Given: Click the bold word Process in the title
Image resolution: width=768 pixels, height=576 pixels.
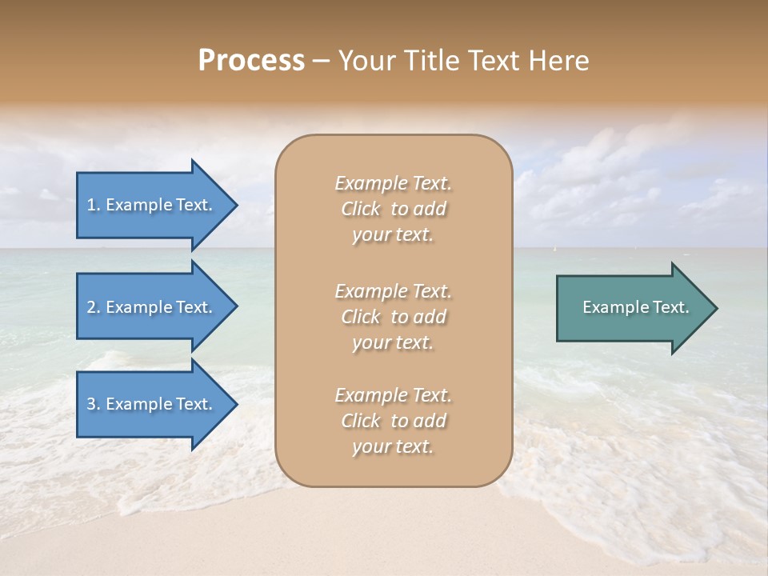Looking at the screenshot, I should [x=251, y=61].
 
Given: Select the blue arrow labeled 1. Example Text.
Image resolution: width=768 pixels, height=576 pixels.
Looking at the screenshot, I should [x=156, y=205].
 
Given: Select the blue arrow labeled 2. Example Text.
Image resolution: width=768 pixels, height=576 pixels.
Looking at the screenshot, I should [x=156, y=307].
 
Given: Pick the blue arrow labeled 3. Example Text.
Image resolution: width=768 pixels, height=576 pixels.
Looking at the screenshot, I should [x=156, y=404].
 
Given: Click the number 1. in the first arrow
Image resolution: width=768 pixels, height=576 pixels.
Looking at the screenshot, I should [x=94, y=205].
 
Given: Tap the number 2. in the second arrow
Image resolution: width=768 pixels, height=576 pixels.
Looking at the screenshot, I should [x=94, y=307].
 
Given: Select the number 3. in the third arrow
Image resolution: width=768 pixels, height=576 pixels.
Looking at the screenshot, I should [x=94, y=404].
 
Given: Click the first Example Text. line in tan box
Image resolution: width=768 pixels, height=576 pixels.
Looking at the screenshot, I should [x=393, y=183].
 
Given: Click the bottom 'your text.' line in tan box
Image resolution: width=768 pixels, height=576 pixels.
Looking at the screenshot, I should [x=393, y=446].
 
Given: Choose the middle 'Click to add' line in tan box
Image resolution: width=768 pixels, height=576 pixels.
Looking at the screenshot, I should [x=393, y=317].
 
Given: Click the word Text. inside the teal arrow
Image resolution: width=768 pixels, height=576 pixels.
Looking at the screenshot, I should [x=670, y=307].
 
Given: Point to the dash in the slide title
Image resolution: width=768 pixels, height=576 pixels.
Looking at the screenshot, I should [x=321, y=61].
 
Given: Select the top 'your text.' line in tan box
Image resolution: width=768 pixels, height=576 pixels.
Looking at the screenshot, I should [x=393, y=235].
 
